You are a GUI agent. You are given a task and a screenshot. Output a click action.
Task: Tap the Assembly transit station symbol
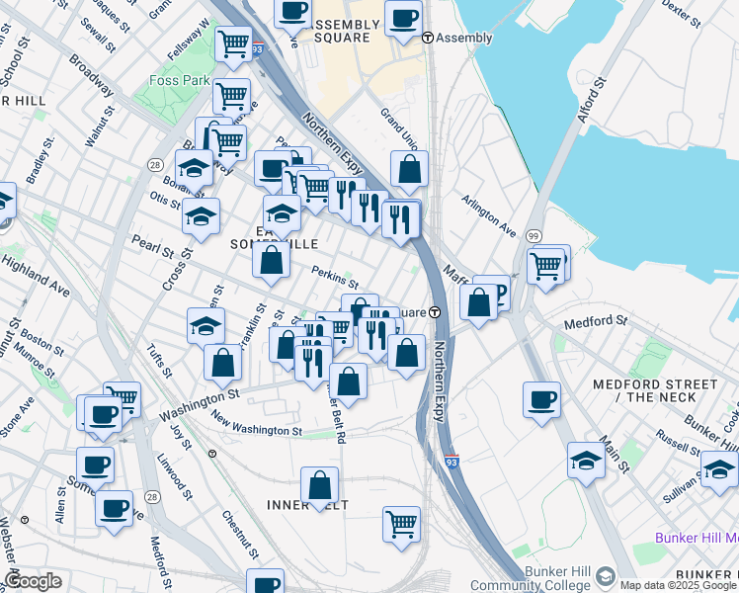428,38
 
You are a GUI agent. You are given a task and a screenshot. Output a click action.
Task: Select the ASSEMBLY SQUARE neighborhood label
342,31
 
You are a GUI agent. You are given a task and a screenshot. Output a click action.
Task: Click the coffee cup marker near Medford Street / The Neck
541,400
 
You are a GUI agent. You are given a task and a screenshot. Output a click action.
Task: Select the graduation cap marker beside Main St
587,461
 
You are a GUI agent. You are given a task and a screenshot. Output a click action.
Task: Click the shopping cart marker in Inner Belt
401,525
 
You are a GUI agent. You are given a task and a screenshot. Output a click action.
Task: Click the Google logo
33,581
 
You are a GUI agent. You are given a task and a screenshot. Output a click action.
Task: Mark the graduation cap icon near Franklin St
205,325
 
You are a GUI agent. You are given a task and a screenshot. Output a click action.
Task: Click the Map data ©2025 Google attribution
678,584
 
